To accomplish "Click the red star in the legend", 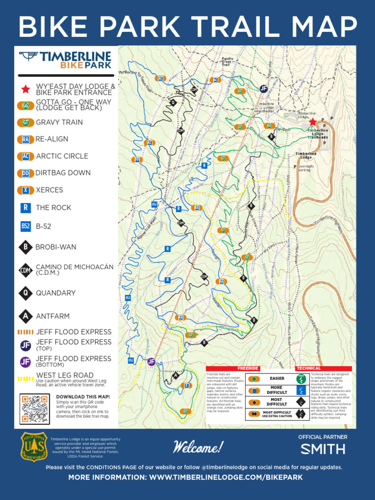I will point(25,89).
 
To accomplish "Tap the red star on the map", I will point(312,122).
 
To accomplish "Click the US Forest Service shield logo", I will point(33,446).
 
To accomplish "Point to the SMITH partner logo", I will point(323,449).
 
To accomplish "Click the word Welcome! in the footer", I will point(198,447).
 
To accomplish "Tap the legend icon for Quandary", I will point(25,293).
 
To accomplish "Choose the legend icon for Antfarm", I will point(25,316).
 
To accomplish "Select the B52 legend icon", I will point(25,226).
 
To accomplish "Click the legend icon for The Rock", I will point(25,208).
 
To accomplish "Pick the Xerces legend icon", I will point(25,190).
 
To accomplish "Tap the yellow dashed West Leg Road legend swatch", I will point(25,378).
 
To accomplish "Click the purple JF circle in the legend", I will point(25,362).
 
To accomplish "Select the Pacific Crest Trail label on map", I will point(228,62).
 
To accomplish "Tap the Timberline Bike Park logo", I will point(65,60).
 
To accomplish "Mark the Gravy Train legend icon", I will point(25,123).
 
